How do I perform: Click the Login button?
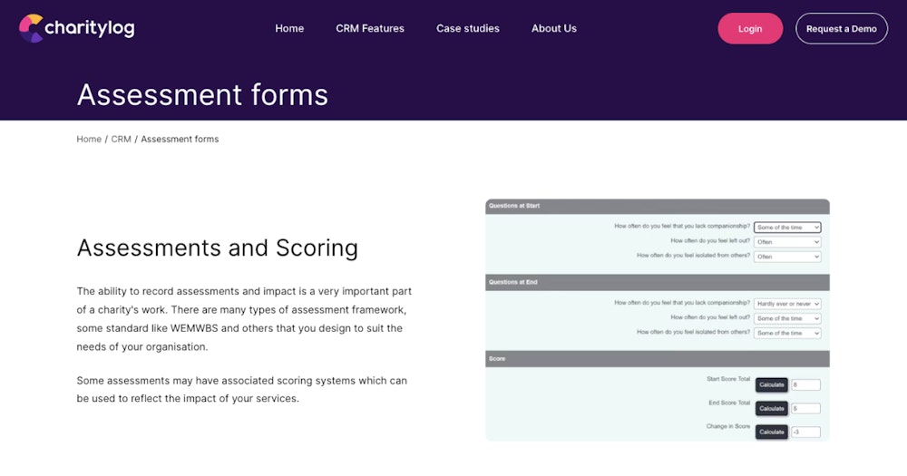[750, 28]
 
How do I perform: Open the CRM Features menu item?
[370, 28]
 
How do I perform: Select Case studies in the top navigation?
[467, 28]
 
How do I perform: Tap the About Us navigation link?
[553, 28]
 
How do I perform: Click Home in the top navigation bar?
[289, 28]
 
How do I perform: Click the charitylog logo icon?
[31, 28]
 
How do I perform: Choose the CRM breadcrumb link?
[121, 139]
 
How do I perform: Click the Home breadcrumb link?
[89, 139]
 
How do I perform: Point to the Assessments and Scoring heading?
[217, 248]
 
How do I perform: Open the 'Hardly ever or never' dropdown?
[787, 304]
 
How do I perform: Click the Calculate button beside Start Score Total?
[772, 384]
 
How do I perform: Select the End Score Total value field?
[805, 409]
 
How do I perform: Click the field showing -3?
[805, 432]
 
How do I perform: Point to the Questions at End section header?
[513, 282]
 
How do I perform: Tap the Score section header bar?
[657, 358]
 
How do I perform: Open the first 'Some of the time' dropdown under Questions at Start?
[787, 228]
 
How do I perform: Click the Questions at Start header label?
[514, 206]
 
